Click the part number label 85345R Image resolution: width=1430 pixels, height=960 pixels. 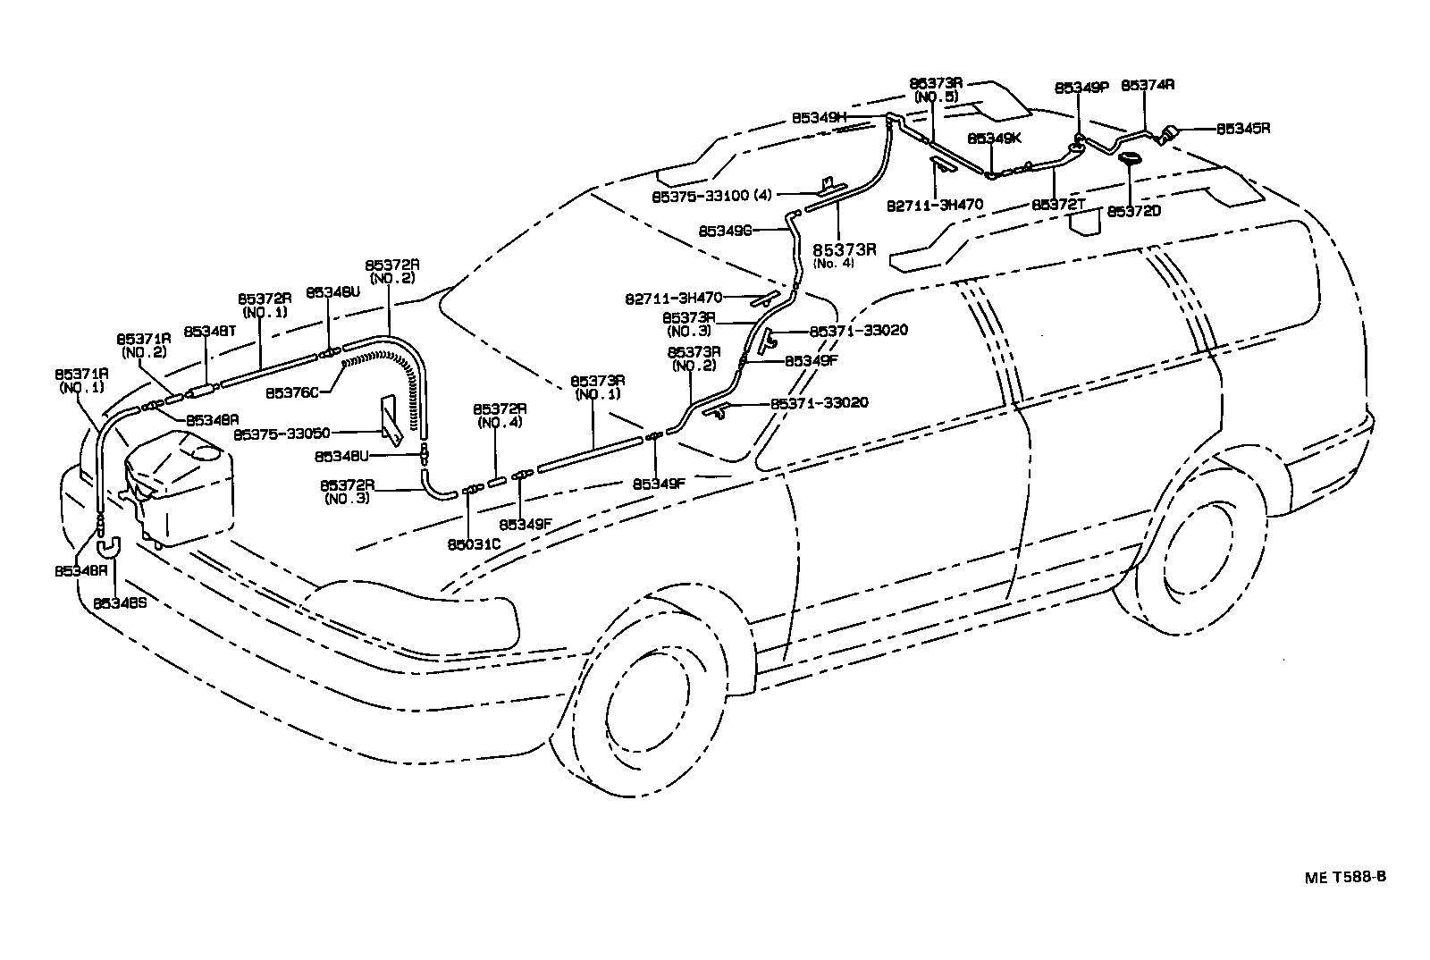coord(1242,128)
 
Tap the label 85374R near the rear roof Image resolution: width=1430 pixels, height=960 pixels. coord(1147,86)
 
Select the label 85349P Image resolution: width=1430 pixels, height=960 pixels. coord(1081,88)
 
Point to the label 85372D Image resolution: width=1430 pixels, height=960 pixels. coord(1133,211)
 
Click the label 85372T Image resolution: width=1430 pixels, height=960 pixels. coord(1058,205)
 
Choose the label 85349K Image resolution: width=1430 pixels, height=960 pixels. coord(994,139)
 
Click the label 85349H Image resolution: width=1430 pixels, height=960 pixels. coord(818,117)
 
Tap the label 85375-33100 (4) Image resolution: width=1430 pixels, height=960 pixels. coord(711,194)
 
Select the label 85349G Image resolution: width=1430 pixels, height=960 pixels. coord(725,231)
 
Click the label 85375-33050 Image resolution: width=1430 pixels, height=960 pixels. coord(282,434)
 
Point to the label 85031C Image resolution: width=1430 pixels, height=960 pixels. coord(474,543)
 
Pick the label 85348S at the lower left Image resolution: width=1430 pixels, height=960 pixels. coord(120,602)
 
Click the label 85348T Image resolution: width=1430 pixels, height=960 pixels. coord(209,332)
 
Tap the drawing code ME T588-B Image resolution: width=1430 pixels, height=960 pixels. coord(1343,876)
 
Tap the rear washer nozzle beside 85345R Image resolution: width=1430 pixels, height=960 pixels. coord(1166,136)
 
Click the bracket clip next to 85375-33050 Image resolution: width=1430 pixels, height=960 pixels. coord(391,418)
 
